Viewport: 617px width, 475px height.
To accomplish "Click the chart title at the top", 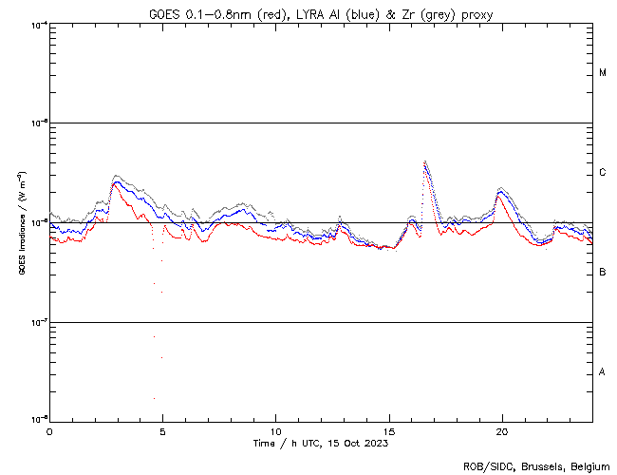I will coord(320,13).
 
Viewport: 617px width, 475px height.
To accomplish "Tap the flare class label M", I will coord(603,72).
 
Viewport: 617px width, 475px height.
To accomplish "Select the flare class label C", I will coord(603,173).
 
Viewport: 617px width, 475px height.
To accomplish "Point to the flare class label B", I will coord(603,273).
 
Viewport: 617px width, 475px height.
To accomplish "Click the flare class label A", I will coord(603,371).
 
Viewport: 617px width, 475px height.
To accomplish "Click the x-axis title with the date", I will coord(320,443).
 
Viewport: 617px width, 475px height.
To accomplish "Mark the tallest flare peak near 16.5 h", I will coord(424,161).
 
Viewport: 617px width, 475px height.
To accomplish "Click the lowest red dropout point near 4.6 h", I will coord(154,398).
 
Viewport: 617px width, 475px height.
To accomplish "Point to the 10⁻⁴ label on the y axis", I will coord(39,25).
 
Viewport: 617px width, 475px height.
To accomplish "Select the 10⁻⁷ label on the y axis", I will coord(39,323).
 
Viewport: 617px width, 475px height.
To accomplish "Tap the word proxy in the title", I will coord(475,13).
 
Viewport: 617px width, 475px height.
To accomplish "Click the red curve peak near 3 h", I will coord(115,182).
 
